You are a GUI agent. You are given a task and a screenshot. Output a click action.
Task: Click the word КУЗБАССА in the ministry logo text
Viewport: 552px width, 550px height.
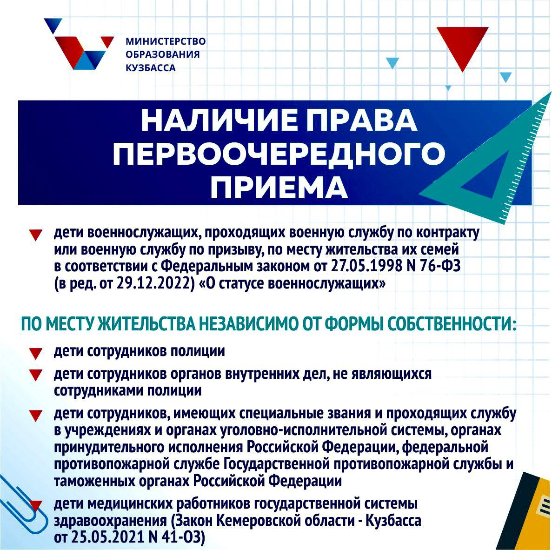point(151,68)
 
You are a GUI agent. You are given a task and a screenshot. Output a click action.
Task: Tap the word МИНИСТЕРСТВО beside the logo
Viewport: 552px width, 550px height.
point(166,41)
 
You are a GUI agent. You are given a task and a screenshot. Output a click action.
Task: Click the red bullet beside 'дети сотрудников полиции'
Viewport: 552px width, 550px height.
point(36,354)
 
